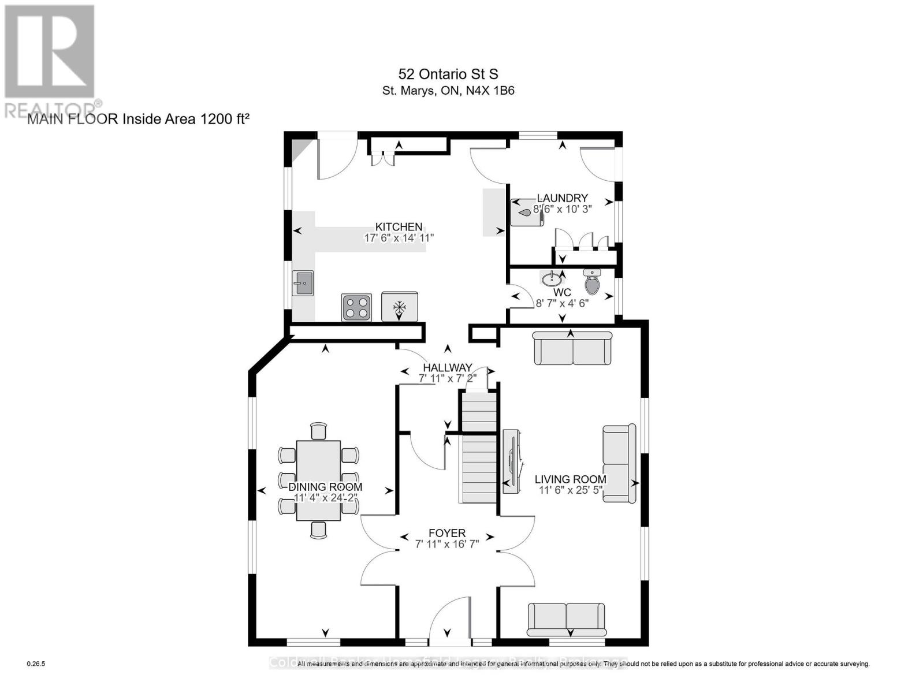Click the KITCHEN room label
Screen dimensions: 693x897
point(399,227)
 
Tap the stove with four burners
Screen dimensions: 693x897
point(356,307)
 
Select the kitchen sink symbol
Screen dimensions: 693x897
point(302,283)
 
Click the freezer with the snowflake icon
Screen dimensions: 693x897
point(399,307)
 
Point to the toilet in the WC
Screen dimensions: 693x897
point(592,282)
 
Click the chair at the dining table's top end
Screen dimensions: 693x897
point(318,431)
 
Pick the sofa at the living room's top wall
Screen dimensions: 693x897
point(572,348)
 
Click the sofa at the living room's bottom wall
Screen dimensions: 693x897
point(566,621)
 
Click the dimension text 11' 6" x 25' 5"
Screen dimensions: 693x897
point(570,490)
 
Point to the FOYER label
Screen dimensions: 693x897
point(447,533)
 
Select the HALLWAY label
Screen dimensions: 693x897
point(448,367)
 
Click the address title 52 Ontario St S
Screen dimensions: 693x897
point(448,74)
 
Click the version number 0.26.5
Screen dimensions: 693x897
point(36,664)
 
